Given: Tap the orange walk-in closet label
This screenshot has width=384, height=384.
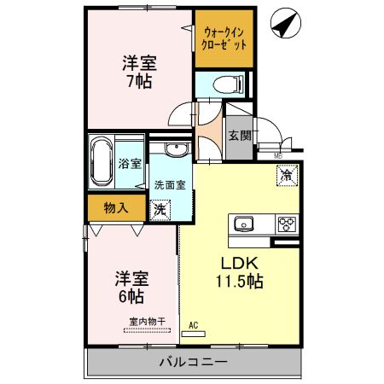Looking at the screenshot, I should (224, 39).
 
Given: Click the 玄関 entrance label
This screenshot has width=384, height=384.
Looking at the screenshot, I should (240, 135).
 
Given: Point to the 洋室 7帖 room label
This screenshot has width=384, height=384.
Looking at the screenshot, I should (138, 72).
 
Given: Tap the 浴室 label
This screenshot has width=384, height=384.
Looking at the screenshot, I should (131, 164).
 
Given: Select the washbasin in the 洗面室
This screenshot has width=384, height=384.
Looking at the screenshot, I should (175, 151).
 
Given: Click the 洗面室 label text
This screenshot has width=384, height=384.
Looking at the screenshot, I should (170, 184).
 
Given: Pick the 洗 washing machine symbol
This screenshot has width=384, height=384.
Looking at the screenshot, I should (160, 207).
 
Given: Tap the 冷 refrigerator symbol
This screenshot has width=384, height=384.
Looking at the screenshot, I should (286, 174).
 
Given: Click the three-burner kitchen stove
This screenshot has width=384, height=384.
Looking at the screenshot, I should (285, 224).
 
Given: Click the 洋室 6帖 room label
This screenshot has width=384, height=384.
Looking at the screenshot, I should (131, 287).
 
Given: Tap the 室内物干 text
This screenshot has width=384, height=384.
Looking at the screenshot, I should (146, 321).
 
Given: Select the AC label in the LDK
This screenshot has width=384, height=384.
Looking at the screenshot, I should (194, 325).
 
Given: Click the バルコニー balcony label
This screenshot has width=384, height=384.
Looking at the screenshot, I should (193, 363).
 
